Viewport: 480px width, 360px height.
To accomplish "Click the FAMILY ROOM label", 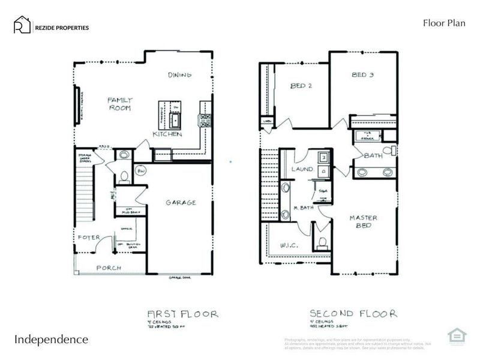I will click(119, 104).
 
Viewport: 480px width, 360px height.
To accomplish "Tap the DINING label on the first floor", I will click(179, 75).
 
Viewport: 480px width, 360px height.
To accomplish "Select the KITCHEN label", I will click(167, 134).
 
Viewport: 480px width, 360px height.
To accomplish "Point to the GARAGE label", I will click(181, 203).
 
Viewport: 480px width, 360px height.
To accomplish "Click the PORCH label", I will click(108, 268).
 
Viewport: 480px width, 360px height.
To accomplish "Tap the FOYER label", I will click(88, 238).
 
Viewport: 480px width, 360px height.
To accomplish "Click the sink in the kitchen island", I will click(176, 121).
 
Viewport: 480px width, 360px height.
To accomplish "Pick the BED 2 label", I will click(301, 86).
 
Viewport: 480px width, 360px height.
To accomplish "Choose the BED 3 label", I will click(363, 75).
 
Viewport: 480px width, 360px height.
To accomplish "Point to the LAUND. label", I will click(304, 170).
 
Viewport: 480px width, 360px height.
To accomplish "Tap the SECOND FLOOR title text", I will click(353, 313).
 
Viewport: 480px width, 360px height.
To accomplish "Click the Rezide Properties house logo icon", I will click(23, 25).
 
